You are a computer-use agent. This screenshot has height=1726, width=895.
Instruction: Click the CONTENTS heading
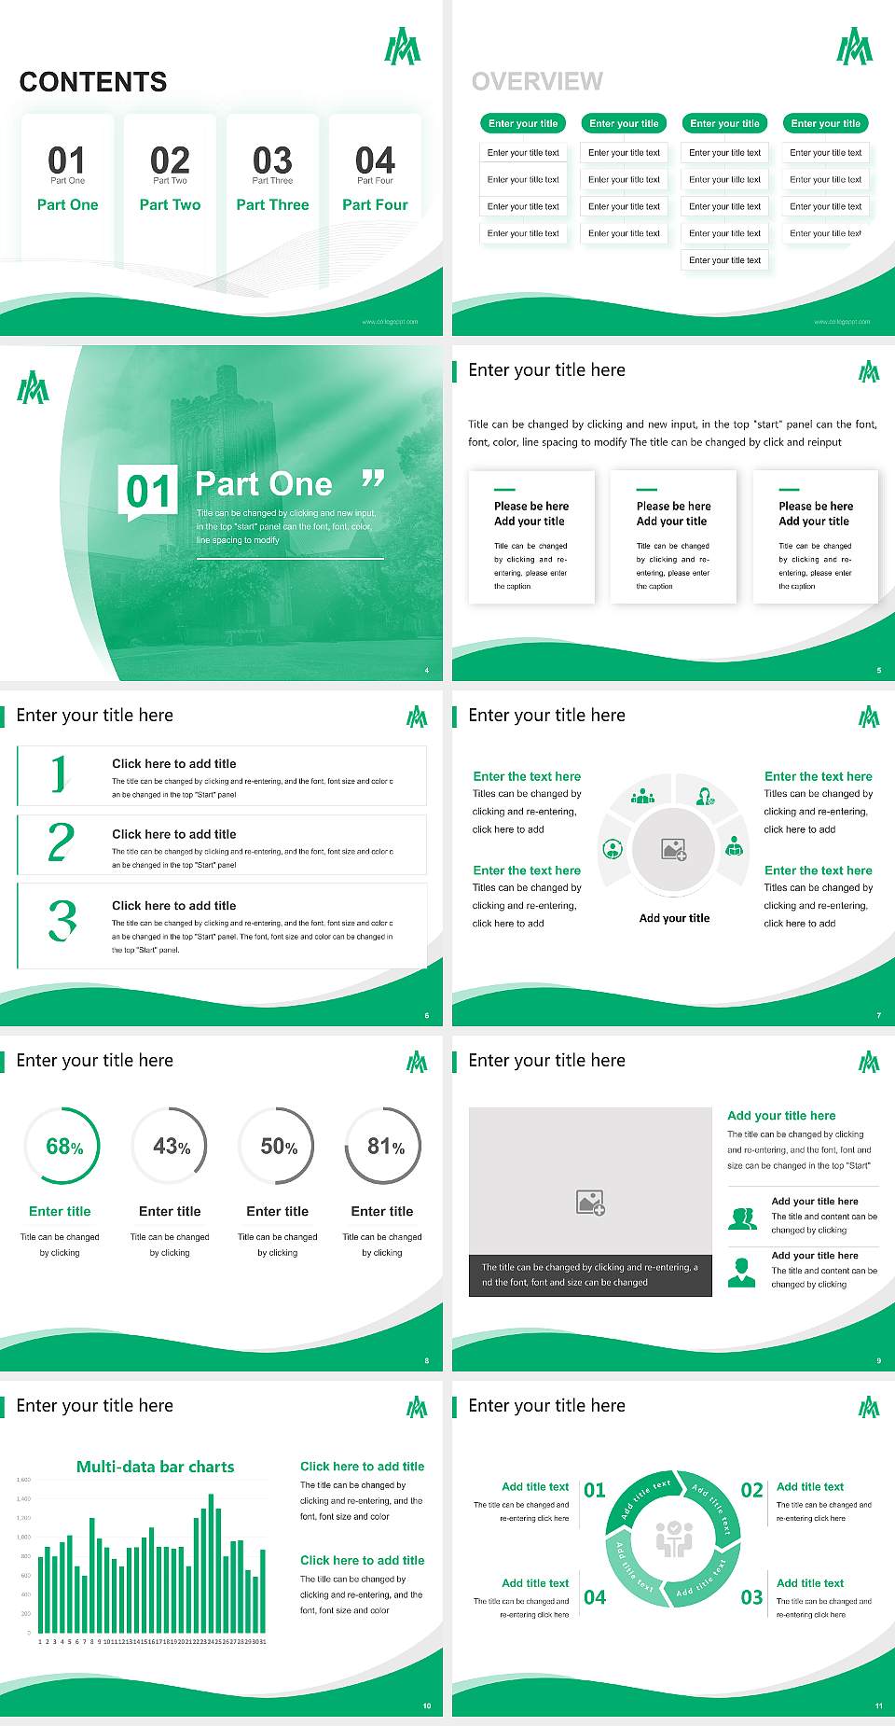point(93,82)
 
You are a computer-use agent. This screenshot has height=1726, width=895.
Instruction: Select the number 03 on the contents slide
point(272,160)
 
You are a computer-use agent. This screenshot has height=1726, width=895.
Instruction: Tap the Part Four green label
point(375,205)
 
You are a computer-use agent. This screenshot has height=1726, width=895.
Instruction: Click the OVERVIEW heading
point(537,82)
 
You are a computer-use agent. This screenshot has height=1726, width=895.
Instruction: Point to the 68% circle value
point(64,1147)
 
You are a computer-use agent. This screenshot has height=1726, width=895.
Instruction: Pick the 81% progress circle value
point(385,1147)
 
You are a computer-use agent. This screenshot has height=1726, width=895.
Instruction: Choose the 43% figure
point(172,1147)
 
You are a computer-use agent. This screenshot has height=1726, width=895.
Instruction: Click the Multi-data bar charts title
point(156,1467)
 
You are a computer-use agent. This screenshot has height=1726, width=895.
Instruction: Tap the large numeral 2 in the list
point(61,842)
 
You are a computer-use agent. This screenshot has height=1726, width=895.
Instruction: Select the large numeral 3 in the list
point(62,920)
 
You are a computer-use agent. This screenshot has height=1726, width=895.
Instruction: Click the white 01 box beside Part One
point(149,491)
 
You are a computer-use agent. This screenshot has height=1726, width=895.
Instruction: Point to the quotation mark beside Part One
point(373,480)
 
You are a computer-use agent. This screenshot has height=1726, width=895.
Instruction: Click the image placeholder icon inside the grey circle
point(674,850)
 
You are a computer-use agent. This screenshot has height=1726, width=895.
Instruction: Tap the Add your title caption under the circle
point(674,918)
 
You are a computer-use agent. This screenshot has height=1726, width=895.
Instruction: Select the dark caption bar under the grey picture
point(590,1275)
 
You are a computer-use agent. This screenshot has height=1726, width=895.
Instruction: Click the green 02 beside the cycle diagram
point(751,1491)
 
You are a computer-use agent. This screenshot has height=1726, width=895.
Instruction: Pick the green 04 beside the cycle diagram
point(595,1598)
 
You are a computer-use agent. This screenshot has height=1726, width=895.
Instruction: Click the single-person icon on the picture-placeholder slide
point(741,1272)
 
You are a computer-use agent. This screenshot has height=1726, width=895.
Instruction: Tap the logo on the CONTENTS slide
point(403,47)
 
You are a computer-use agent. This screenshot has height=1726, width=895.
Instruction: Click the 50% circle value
point(279,1147)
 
